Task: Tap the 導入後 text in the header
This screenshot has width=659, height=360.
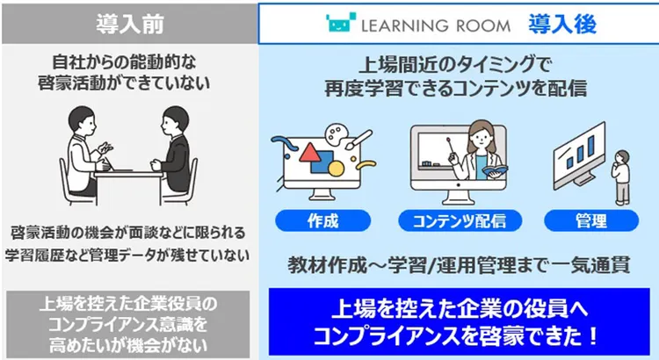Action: pos(562,24)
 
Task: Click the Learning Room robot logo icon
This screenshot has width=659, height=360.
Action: pos(340,24)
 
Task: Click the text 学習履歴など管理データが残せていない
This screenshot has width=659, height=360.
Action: pos(129,256)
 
